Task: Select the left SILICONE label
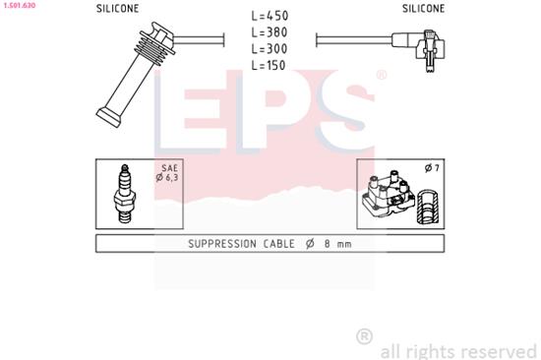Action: [x=117, y=8]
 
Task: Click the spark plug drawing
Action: [x=126, y=193]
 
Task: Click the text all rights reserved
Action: [x=457, y=350]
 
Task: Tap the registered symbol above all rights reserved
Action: [x=364, y=336]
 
